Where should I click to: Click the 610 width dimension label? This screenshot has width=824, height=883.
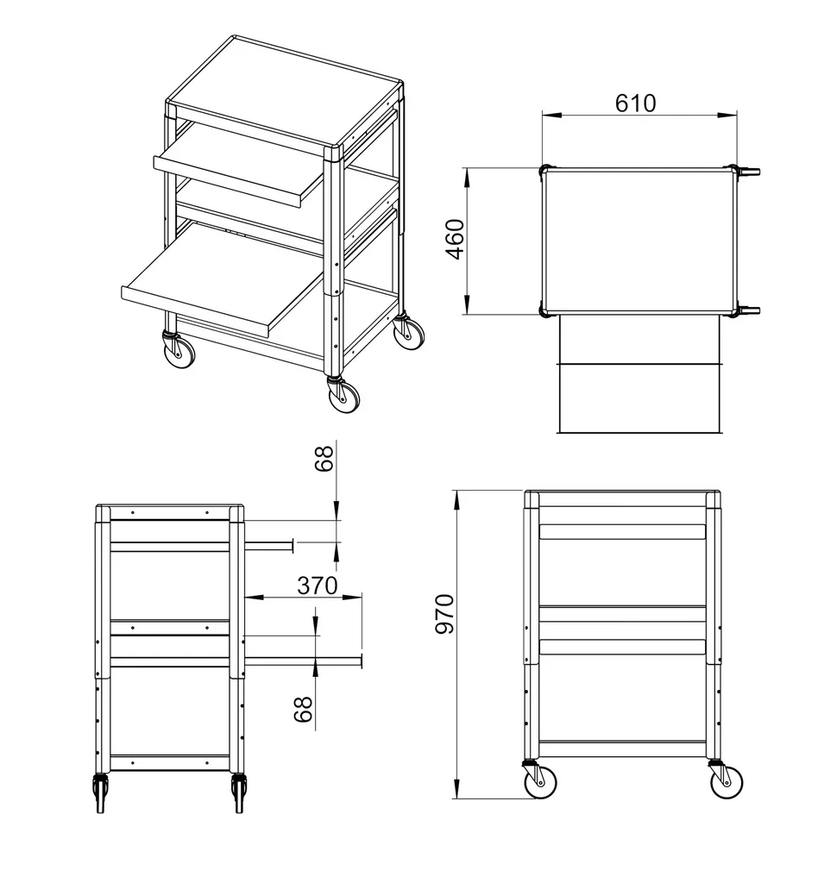point(635,103)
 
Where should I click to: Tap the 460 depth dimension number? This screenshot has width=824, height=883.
point(455,240)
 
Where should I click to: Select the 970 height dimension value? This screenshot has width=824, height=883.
point(444,613)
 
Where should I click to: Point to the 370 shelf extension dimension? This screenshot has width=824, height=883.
point(318,586)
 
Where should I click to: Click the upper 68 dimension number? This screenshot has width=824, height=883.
point(324,459)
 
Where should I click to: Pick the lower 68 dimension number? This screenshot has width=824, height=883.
point(303,709)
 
